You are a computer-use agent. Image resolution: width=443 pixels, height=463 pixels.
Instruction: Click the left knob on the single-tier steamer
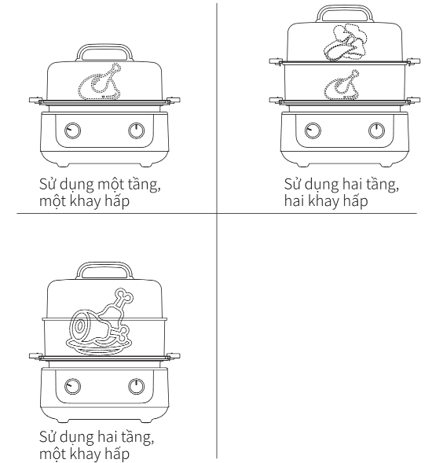click(72, 130)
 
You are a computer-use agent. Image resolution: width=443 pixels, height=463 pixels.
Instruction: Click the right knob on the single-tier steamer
click(137, 130)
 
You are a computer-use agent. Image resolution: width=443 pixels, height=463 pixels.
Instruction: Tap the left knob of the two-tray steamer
click(313, 130)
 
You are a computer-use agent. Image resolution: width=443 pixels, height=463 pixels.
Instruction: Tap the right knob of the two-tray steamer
click(376, 130)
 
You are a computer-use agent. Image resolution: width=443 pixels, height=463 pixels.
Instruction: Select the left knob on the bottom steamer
click(72, 386)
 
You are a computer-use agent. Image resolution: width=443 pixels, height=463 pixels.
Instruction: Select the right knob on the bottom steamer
click(137, 386)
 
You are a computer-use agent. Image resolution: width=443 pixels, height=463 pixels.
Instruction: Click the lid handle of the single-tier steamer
click(104, 47)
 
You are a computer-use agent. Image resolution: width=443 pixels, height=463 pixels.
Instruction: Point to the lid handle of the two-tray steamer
click(345, 8)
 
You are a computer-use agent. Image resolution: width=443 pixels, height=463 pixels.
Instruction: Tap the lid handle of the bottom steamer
click(104, 265)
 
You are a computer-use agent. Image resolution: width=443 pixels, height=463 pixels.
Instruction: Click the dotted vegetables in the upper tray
click(346, 42)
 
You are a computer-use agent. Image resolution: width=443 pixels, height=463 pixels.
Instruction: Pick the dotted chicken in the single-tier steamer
click(100, 82)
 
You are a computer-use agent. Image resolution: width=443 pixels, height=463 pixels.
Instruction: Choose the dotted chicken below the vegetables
click(342, 85)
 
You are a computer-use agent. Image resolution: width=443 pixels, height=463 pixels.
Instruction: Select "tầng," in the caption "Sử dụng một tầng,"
click(145, 185)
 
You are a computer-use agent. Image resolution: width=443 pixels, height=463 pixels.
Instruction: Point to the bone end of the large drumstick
click(124, 296)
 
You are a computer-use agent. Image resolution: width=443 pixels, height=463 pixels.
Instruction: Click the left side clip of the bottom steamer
click(35, 356)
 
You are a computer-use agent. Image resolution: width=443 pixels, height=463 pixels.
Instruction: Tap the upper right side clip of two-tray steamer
click(413, 61)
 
